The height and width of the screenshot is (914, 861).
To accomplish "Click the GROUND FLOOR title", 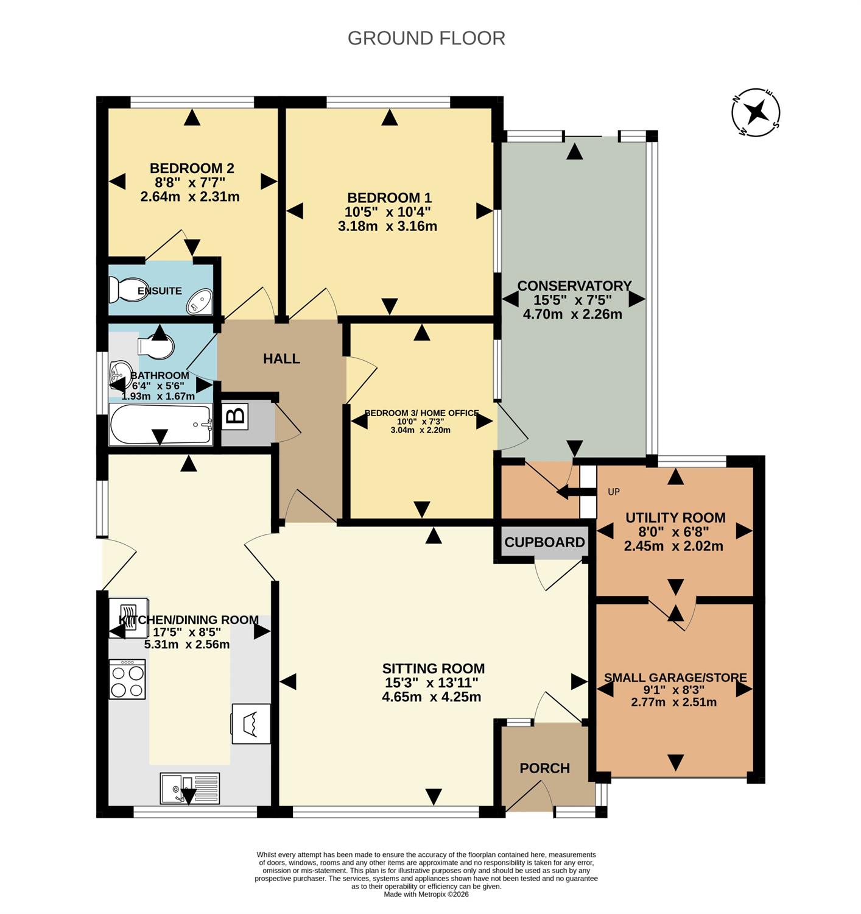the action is click(426, 38).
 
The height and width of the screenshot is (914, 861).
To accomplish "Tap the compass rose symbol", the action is click(756, 112).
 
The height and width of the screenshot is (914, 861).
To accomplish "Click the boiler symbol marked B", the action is click(235, 417).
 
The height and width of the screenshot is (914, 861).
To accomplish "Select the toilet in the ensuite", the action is click(122, 290).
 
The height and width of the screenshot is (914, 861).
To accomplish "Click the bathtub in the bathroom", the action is click(161, 424).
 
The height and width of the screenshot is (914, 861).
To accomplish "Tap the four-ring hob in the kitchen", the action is click(127, 679).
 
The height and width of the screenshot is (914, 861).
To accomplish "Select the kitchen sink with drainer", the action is click(190, 788).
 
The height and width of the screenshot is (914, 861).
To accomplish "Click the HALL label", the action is click(281, 358).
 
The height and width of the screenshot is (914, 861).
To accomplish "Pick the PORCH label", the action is click(544, 768).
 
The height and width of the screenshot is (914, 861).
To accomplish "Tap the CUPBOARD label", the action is click(544, 542).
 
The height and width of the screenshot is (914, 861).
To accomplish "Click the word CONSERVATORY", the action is click(574, 286).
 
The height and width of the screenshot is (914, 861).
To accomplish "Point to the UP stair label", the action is click(614, 492).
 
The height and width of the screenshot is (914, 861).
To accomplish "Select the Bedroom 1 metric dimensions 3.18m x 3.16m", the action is click(387, 226).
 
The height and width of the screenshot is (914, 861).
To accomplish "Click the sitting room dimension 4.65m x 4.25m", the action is click(432, 696).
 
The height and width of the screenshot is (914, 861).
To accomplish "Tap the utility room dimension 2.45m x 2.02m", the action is click(673, 546).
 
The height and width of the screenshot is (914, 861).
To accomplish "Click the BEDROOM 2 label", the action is click(192, 168).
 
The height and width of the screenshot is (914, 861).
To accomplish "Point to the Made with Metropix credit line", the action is click(426, 895).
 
